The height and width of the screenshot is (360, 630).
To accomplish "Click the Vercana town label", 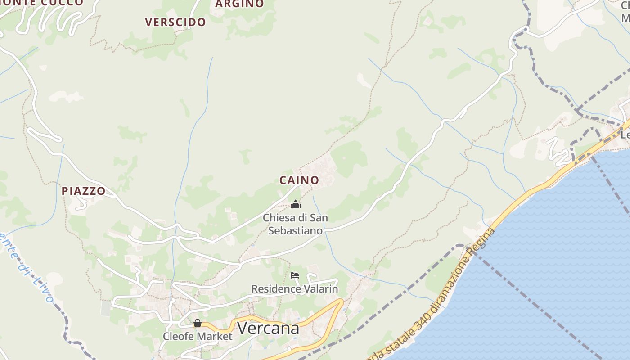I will point(268,328).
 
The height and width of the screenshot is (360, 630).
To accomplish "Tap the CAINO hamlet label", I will point(299,180).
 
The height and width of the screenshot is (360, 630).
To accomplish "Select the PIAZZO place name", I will point(83,191).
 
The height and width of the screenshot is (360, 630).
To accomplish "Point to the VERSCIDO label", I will point(175,22).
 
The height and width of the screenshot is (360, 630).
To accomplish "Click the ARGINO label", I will point(240,4).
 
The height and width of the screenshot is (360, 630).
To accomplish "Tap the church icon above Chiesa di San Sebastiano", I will point(296,205).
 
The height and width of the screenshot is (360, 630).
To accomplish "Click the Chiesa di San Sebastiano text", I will point(295,224).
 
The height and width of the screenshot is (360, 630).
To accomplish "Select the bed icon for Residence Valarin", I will point(295,275).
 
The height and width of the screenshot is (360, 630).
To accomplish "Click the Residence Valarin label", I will point(294,288).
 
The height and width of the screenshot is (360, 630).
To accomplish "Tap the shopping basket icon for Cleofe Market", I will point(197,323).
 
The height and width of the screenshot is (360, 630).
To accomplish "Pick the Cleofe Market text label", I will point(198,336).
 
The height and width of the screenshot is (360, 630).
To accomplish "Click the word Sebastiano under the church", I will point(295,231).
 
